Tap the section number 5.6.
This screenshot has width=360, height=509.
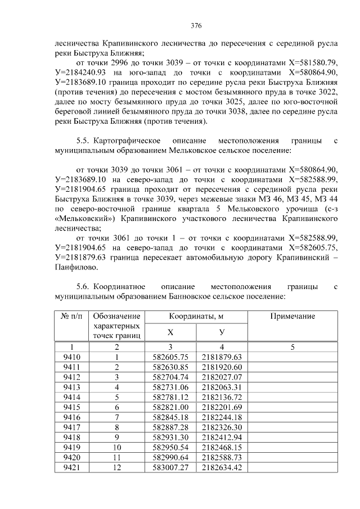[84, 287]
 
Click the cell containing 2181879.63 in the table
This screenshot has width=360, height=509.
[222, 357]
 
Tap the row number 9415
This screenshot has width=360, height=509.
[71, 407]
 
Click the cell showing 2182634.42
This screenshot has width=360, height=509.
[222, 467]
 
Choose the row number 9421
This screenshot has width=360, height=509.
[71, 467]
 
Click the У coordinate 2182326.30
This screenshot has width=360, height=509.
[222, 427]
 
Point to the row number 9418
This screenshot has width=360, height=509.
[71, 437]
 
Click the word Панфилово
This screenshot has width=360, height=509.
[76, 269]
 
